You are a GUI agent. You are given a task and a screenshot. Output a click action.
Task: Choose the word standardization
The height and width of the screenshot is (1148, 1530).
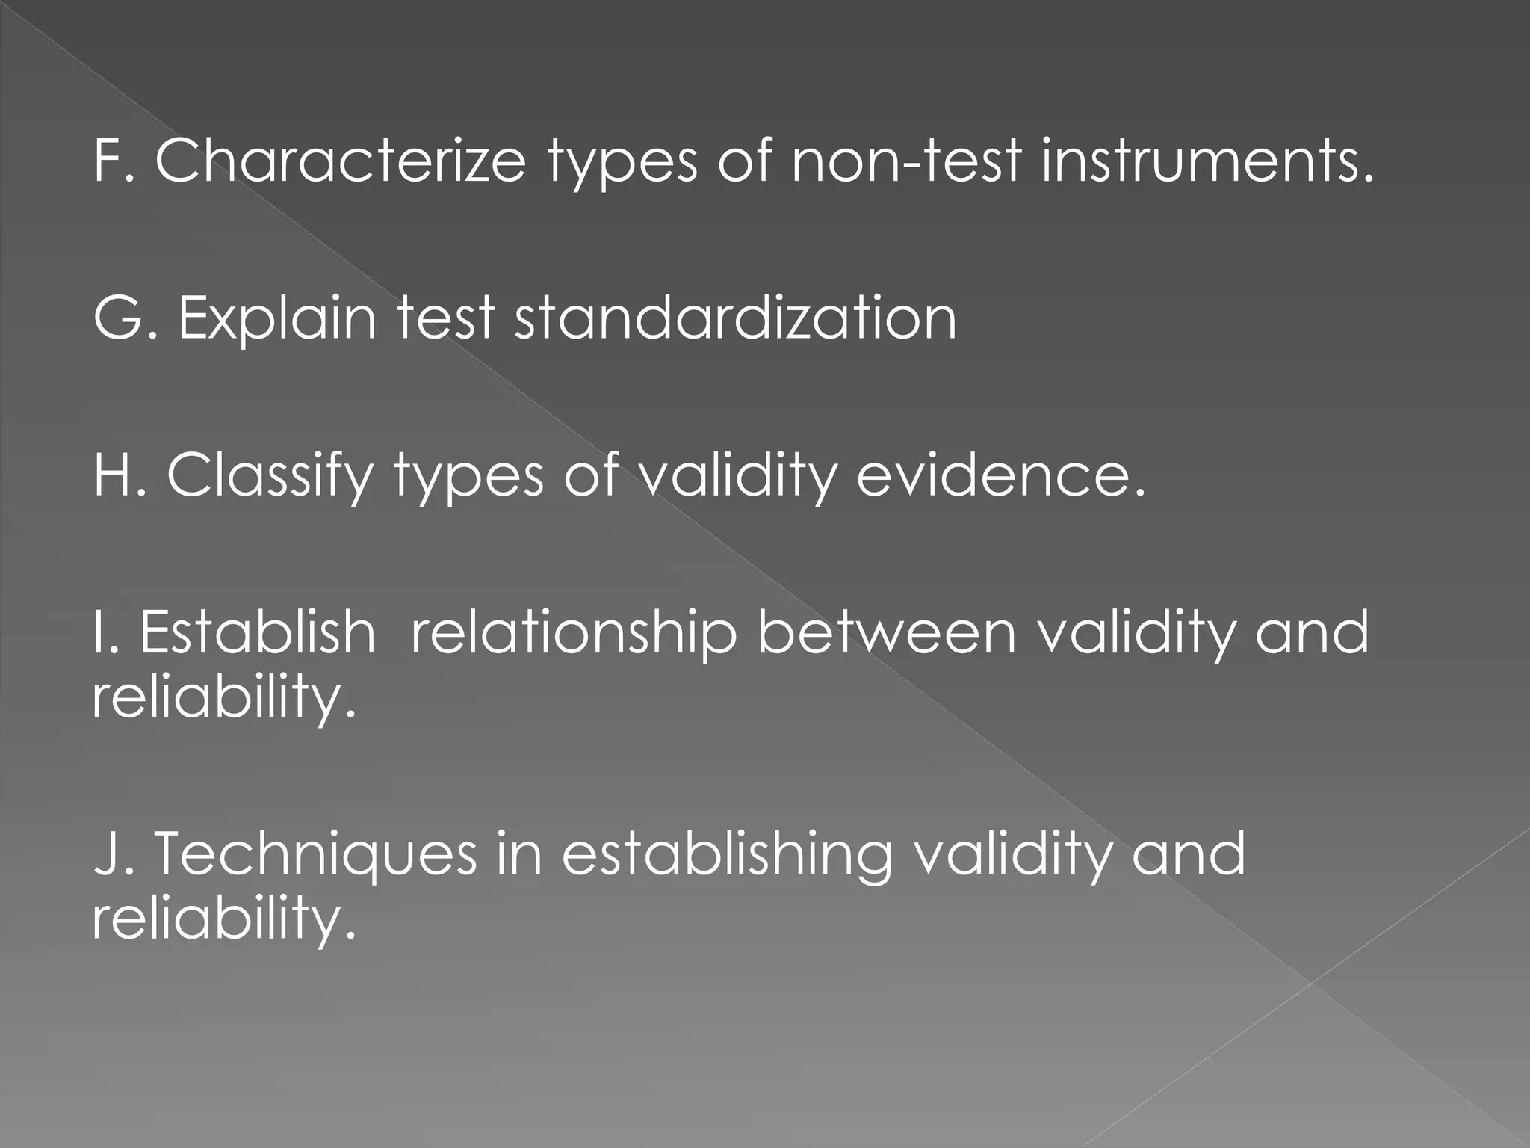735,318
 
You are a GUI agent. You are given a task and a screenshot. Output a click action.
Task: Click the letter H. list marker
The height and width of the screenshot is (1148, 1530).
119,475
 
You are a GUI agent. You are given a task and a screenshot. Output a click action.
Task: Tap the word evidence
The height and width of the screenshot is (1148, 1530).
1000,475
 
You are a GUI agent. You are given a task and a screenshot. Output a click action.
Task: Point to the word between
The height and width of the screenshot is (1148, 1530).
887,632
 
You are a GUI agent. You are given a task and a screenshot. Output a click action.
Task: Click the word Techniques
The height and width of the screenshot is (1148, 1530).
315,855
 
